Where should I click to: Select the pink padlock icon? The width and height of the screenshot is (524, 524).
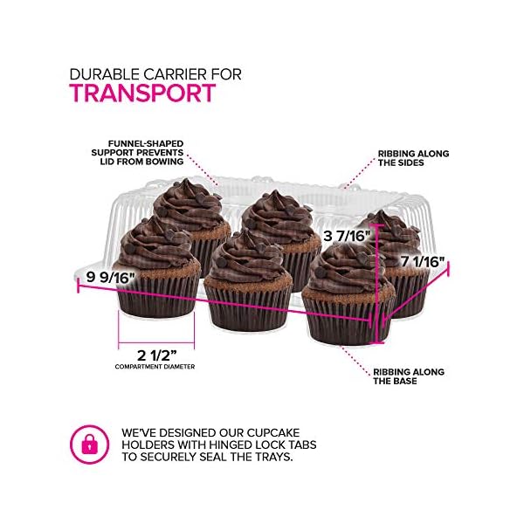tap(90, 445)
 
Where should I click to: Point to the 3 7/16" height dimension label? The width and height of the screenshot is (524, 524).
tap(348, 236)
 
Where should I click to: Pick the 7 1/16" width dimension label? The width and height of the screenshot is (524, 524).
tap(423, 261)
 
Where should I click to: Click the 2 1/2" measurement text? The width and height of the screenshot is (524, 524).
tap(156, 355)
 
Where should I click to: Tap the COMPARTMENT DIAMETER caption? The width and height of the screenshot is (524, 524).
tap(155, 367)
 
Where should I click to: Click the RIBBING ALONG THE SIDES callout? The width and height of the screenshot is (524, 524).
tap(413, 159)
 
